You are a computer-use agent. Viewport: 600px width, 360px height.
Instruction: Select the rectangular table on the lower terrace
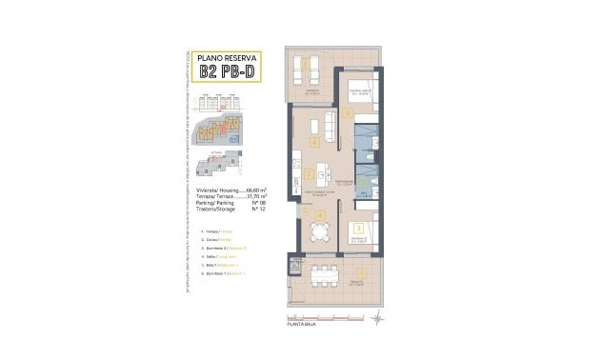(x=325, y=276)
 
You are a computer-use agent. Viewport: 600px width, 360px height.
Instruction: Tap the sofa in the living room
(x=326, y=127)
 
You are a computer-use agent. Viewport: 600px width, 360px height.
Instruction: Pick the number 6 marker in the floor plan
(x=350, y=113)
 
